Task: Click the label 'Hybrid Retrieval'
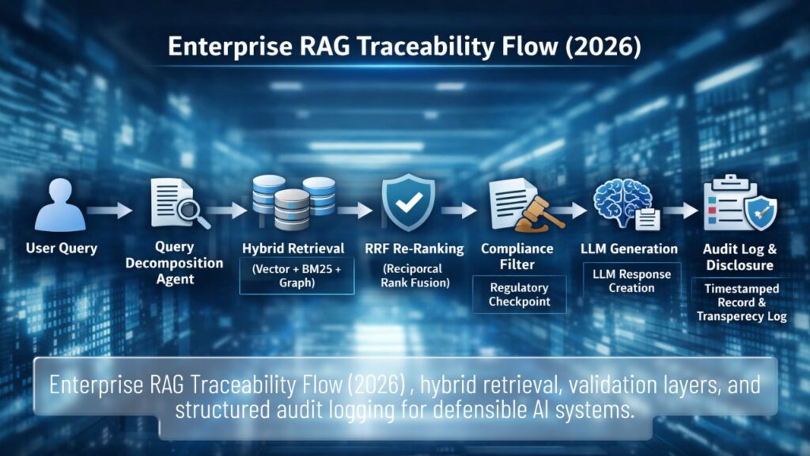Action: tap(293, 249)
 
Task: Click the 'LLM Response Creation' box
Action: tap(631, 281)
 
